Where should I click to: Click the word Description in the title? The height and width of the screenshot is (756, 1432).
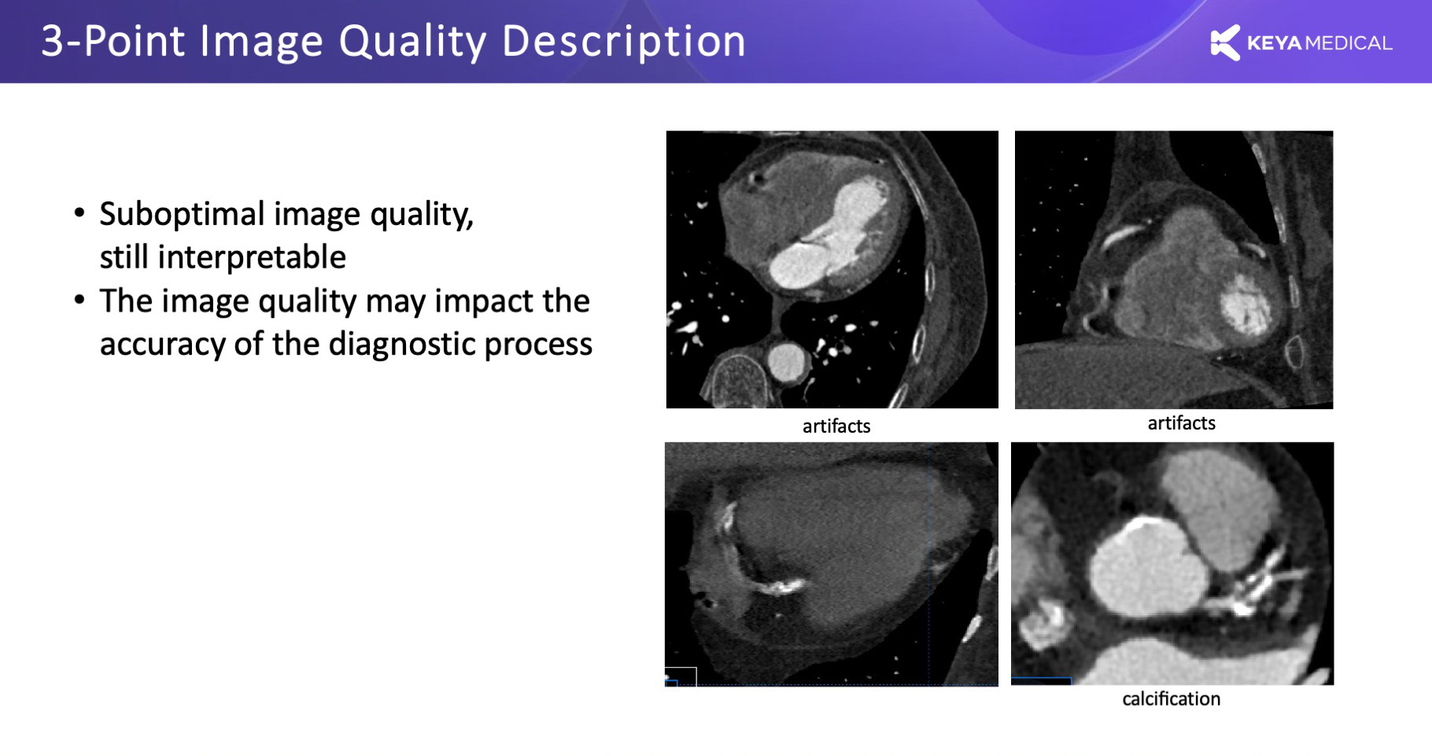tap(624, 42)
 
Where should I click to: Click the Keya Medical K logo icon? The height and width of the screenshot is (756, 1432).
tap(1224, 42)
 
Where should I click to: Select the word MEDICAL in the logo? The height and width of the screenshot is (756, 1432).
tap(1349, 43)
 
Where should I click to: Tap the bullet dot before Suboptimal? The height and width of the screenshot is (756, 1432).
tap(79, 213)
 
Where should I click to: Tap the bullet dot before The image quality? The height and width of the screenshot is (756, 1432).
tap(79, 301)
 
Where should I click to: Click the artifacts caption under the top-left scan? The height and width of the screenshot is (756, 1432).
tap(836, 426)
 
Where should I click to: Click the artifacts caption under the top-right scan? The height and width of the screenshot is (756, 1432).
tap(1181, 423)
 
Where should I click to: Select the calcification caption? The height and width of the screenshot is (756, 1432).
tap(1171, 699)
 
